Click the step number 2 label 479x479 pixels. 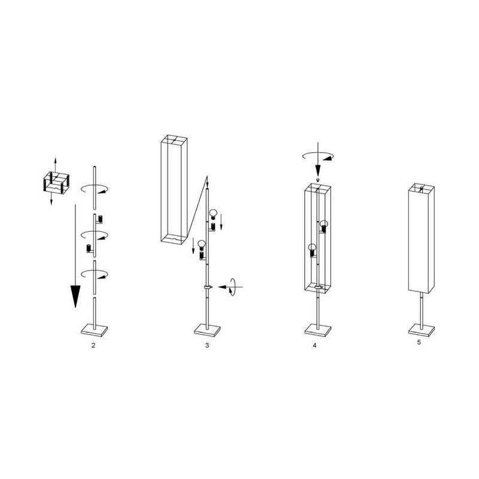[x=93, y=345]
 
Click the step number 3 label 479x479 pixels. [x=207, y=345]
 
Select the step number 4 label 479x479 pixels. [x=315, y=345]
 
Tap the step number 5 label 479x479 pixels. [x=419, y=342]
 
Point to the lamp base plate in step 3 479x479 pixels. [x=208, y=330]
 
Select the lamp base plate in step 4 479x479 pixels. [x=319, y=330]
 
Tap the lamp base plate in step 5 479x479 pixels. [x=422, y=329]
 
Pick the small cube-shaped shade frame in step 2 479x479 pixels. [x=56, y=183]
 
